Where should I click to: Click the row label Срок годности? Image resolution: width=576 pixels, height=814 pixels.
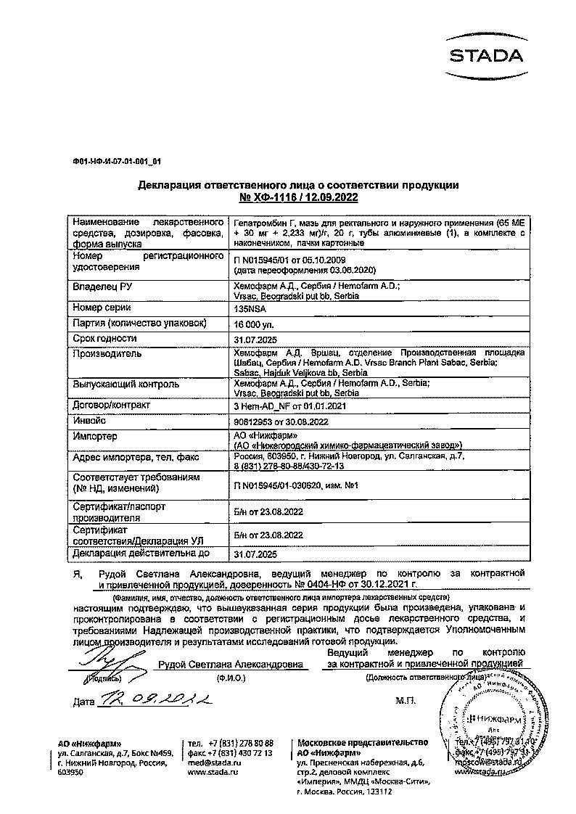[104, 338]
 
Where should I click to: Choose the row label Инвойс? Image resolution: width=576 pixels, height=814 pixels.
[89, 420]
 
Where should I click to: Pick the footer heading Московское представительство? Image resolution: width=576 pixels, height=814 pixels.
[362, 743]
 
